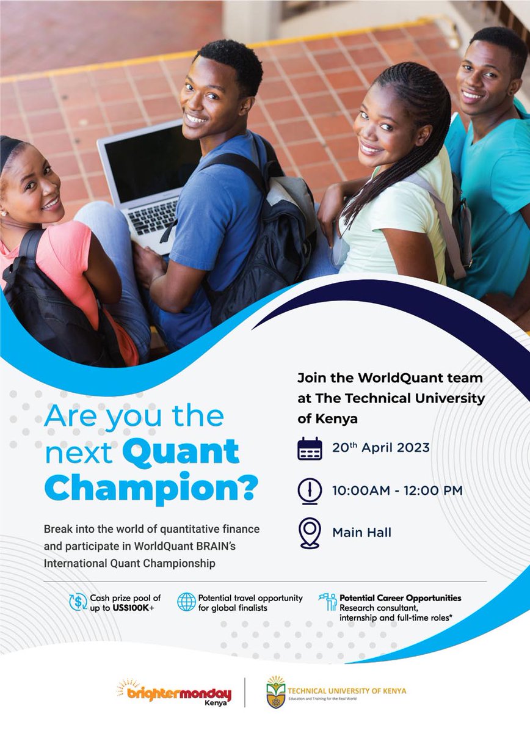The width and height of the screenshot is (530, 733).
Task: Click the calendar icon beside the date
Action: click(x=310, y=448)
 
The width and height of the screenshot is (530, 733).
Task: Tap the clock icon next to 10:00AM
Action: click(x=310, y=490)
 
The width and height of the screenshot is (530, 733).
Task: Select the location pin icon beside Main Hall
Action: click(x=310, y=533)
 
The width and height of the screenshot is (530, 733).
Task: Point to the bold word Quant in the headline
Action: click(x=181, y=451)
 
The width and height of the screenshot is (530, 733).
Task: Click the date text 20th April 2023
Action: click(x=380, y=447)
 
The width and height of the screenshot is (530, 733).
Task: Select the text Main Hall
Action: click(x=361, y=533)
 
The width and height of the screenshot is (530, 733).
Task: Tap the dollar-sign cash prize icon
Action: click(x=78, y=602)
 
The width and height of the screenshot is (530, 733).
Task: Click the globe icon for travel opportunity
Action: click(x=186, y=602)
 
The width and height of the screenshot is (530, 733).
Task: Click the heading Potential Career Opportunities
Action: click(x=400, y=598)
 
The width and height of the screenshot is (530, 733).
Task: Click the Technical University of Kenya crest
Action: click(x=275, y=692)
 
